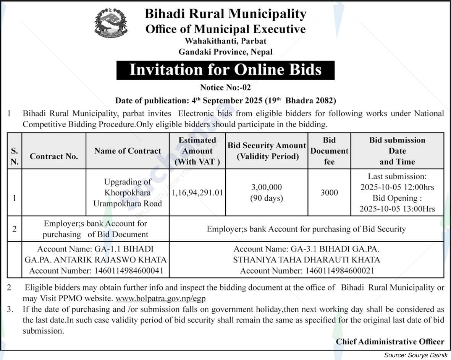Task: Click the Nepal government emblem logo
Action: point(111,23)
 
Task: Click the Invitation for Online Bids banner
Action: point(225,70)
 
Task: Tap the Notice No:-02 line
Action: point(225,88)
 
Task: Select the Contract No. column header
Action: point(54,156)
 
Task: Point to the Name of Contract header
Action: point(128,151)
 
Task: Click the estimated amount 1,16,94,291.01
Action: point(197,192)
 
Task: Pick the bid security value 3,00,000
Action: point(267,187)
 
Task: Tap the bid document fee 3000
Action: point(329,192)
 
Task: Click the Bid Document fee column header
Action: point(329,151)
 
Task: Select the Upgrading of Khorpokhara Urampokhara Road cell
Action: point(128,193)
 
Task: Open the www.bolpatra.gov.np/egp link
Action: point(160,298)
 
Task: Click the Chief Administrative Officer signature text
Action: point(390,342)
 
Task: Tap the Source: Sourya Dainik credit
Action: point(416,355)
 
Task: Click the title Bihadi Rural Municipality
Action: point(225,14)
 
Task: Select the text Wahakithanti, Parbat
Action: point(225,41)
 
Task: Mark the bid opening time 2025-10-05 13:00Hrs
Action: point(397,209)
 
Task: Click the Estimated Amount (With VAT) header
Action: point(197,151)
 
